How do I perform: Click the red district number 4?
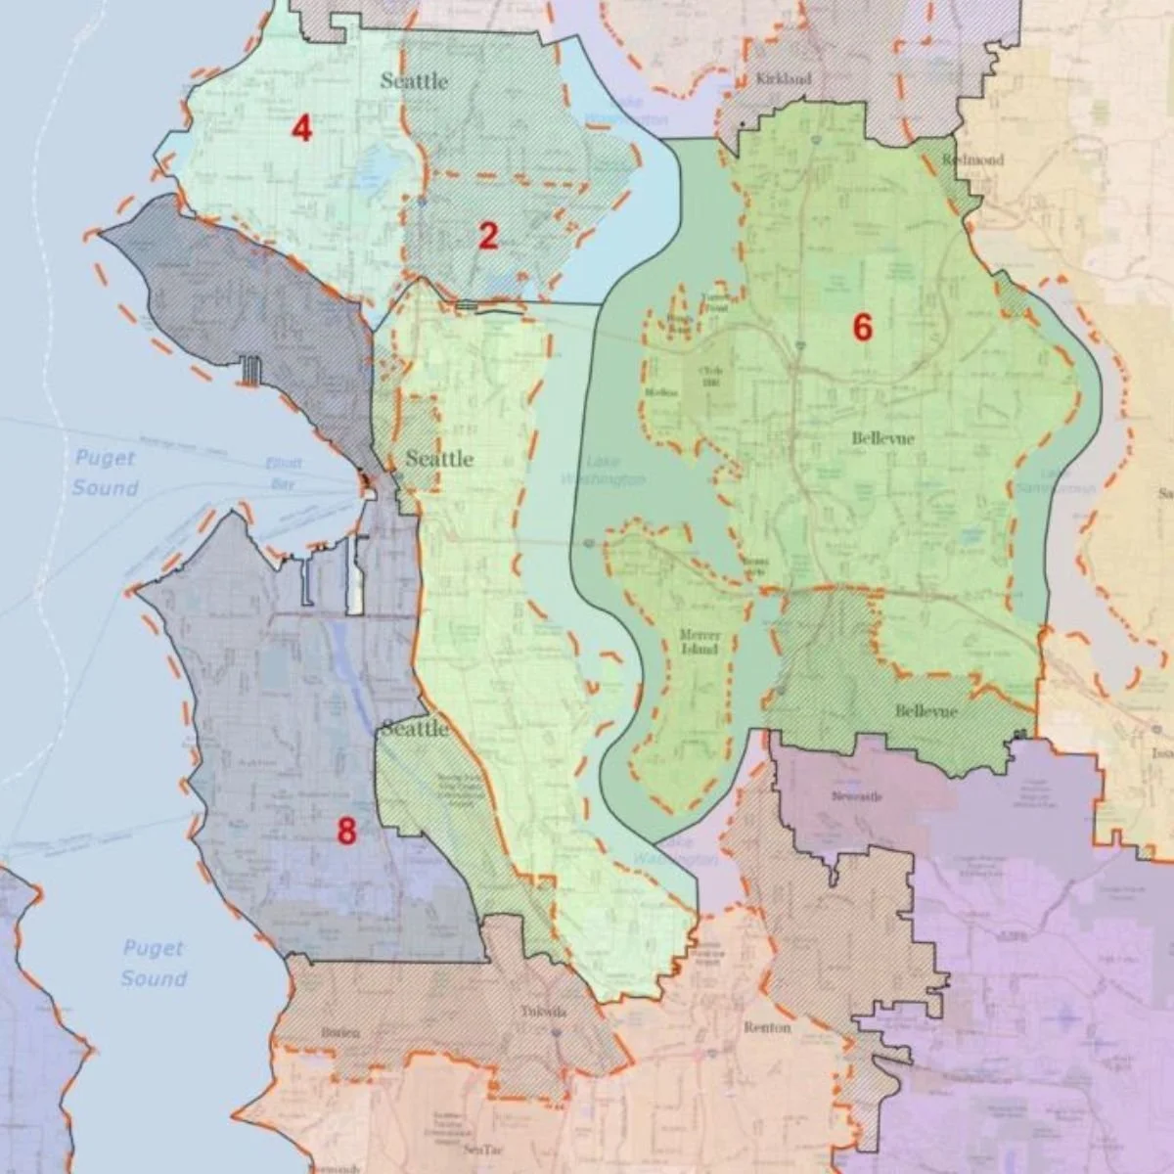301,128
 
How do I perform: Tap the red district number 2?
488,236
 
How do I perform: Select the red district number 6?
861,328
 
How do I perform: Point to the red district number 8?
346,832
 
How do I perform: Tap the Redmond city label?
972,159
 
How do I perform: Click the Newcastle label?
857,796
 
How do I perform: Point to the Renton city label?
767,1028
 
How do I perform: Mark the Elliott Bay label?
283,474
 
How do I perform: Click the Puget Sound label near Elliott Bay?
106,473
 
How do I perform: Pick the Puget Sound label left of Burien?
155,963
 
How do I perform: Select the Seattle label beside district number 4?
414,81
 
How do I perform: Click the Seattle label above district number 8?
415,729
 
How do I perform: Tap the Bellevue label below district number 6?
882,438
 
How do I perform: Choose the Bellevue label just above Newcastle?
926,711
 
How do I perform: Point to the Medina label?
661,392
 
